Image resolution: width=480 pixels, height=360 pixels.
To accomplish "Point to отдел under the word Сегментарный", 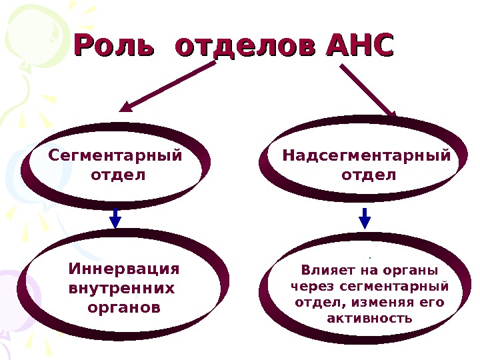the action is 116,175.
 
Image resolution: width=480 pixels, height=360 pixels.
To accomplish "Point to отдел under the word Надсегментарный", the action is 368,175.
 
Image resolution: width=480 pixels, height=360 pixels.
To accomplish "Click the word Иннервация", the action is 125,269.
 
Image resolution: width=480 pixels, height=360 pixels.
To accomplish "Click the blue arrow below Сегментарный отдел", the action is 115,217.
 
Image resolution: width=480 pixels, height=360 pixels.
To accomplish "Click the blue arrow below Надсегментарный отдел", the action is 365,217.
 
